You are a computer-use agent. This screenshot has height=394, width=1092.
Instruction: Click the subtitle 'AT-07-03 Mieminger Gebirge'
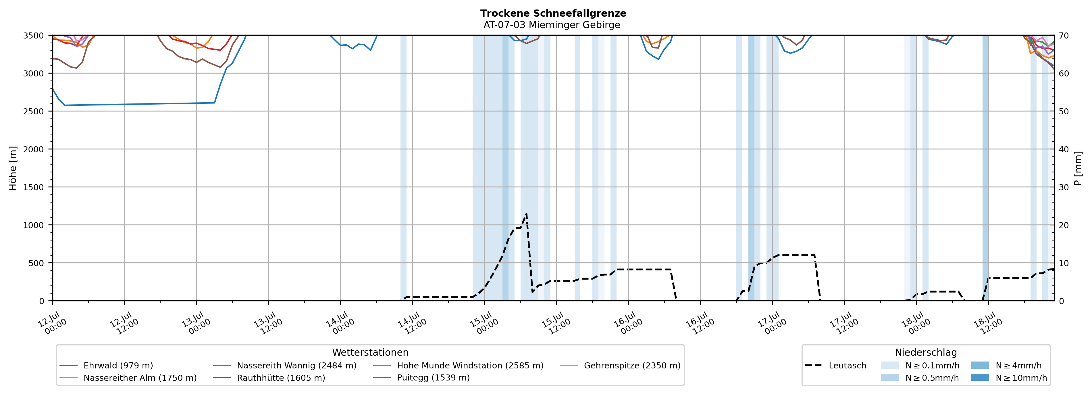[552, 25]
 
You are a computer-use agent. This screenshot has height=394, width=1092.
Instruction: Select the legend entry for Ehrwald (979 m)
[106, 366]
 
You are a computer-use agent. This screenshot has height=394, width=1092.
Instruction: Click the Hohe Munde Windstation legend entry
[458, 366]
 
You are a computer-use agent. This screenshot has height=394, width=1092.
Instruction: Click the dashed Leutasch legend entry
[835, 366]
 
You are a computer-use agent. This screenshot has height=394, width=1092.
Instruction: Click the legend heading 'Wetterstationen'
[370, 352]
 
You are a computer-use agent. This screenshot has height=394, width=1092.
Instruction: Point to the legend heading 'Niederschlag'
[926, 352]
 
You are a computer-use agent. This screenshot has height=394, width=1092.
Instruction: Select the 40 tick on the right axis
[1064, 149]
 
